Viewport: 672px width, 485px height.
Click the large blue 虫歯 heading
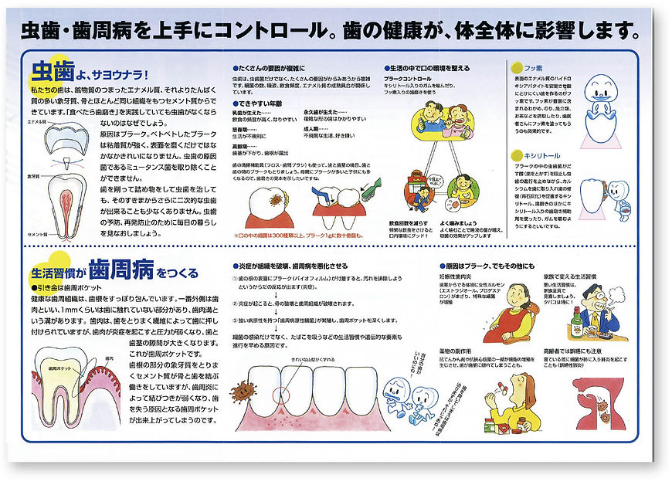[x=52, y=72]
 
